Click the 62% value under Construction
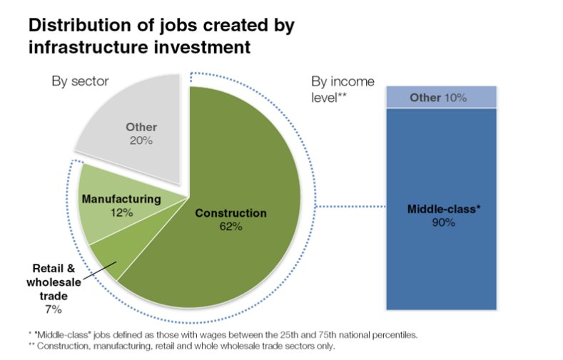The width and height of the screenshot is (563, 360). (231, 227)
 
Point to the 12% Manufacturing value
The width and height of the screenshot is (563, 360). (122, 212)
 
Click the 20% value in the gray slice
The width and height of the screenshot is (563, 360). (141, 140)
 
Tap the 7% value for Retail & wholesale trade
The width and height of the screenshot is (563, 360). (54, 309)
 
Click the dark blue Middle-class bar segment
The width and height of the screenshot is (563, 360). (441, 209)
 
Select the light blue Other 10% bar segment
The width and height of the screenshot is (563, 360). (441, 97)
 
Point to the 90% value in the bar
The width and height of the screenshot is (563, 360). (443, 222)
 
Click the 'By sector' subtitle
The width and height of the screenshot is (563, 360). (80, 81)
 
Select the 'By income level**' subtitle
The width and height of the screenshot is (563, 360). (343, 89)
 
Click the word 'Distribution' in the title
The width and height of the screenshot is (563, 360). (86, 25)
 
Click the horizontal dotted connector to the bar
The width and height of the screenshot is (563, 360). (350, 207)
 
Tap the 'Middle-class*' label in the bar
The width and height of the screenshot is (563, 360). (444, 209)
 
